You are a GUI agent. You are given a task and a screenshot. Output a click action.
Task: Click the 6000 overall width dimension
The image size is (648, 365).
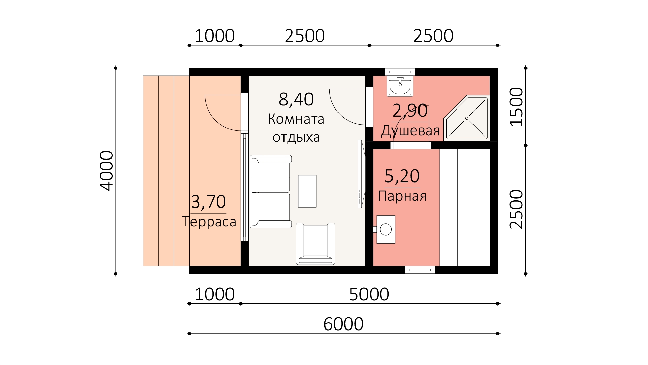pos(343,324)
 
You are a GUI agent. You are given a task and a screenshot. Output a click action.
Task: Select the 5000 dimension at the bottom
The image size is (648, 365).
pos(369,294)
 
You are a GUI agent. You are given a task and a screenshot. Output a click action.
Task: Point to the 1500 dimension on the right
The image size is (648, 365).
pos(516,106)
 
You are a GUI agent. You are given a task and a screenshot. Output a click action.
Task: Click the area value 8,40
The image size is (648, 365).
pos(296,99)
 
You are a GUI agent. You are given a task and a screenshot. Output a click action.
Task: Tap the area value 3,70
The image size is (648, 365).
pos(208,202)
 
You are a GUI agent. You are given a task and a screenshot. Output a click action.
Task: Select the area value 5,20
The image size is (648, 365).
pos(402,176)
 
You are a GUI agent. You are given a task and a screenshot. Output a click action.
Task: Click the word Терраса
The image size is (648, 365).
pos(209,222)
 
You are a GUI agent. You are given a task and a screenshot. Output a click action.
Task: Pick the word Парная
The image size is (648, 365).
pos(402,196)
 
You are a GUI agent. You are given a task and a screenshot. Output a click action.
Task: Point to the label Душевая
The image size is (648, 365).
pos(410,130)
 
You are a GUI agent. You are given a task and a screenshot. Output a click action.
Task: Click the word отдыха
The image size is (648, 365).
pos(296,137)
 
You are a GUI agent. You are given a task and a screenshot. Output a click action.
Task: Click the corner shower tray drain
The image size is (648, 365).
pos(467,118)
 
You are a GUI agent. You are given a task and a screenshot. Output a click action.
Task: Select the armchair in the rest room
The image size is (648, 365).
pos(316,243)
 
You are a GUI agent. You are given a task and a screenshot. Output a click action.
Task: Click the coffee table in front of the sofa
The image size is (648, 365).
pos(307,191)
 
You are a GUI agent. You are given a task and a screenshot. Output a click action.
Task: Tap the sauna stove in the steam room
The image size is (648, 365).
pos(385,229)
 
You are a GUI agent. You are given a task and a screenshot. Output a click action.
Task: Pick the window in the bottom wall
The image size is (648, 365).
pos(420,270)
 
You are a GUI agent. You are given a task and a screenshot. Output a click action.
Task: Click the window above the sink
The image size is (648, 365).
pos(400,72)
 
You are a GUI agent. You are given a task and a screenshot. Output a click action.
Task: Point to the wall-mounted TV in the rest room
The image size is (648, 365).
pos(360,174)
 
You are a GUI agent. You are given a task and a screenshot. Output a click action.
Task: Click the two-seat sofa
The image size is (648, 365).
pos(270,192)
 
